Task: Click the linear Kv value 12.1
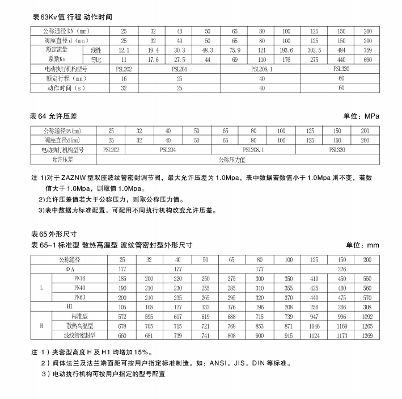click(x=125, y=51)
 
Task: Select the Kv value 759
click(x=368, y=51)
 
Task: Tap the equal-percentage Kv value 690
click(x=368, y=60)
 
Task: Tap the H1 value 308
click(x=367, y=307)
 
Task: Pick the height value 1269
click(x=367, y=335)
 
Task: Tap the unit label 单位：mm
click(x=362, y=246)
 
